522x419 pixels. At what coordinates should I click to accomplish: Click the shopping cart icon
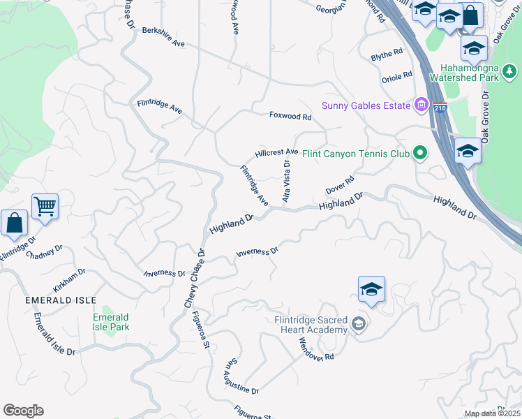click(x=45, y=206)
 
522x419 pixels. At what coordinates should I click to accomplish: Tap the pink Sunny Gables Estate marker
click(x=421, y=106)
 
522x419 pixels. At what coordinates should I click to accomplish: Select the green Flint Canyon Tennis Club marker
click(x=419, y=153)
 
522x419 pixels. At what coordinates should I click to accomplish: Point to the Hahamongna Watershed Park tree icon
click(x=510, y=71)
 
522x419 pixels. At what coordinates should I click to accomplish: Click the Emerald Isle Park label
click(x=111, y=322)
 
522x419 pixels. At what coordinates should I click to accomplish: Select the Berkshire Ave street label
click(x=163, y=37)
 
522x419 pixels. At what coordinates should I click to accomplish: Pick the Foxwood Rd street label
click(x=290, y=116)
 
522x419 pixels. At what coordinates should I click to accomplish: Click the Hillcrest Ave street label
click(x=276, y=152)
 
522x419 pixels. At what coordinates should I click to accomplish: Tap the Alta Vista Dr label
click(x=286, y=181)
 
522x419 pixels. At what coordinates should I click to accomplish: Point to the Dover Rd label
click(x=341, y=186)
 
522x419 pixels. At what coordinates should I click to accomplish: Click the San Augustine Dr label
click(x=241, y=378)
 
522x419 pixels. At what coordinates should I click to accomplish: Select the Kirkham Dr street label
click(x=69, y=281)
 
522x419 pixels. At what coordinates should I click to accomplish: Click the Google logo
click(x=23, y=411)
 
